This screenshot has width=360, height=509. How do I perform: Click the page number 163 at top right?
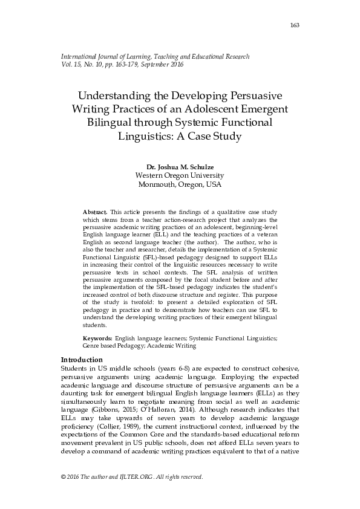[x=295, y=25]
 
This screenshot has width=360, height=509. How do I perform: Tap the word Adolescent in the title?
[x=211, y=109]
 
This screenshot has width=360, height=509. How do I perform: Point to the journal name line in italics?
[x=155, y=56]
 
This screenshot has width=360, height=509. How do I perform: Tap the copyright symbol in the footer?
[x=64, y=477]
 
